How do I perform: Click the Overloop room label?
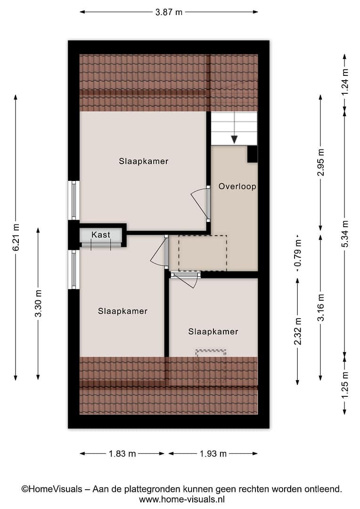point(237,186)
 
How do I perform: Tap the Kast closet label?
point(101,234)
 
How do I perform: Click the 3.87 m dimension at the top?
point(169,12)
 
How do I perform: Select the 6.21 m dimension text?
point(16,238)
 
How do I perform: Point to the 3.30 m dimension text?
point(38,303)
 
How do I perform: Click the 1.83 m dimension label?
point(122,453)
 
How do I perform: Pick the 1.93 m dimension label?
point(213,453)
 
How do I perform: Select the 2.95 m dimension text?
point(321,162)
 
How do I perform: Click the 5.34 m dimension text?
point(345,234)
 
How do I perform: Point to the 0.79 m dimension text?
point(298,253)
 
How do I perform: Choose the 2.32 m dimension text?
point(298,331)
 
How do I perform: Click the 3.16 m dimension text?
point(321,308)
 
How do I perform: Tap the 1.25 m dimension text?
point(345,385)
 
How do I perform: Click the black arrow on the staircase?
point(234,140)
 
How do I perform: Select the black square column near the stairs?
point(252,154)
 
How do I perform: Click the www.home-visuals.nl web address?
point(182,499)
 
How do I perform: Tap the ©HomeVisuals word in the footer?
point(52,489)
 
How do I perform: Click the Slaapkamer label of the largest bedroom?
point(143,161)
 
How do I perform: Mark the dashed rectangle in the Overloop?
point(203,253)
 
